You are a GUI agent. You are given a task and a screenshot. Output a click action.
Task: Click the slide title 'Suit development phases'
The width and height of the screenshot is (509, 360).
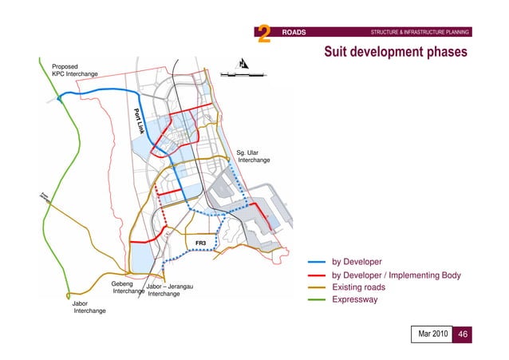click(x=396, y=52)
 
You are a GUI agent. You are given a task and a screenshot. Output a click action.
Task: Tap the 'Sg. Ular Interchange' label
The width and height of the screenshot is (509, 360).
click(x=253, y=156)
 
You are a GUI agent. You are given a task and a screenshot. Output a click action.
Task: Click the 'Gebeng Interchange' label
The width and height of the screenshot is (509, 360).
click(x=127, y=287)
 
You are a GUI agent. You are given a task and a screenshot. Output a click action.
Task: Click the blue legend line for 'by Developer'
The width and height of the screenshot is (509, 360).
click(x=317, y=262)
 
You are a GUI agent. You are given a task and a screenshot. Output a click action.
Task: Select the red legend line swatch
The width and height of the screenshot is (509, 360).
click(x=317, y=275)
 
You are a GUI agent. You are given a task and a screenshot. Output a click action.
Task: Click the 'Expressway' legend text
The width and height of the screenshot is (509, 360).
click(x=355, y=300)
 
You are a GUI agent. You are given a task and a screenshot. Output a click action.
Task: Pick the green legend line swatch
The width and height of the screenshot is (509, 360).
click(x=317, y=301)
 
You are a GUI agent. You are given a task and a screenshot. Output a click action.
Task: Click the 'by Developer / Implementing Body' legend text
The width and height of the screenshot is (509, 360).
click(x=397, y=275)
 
